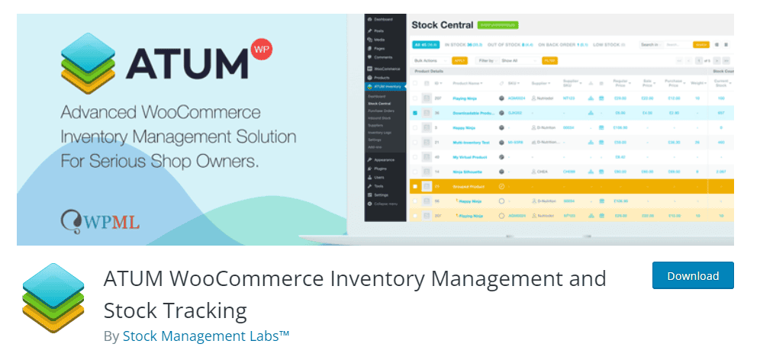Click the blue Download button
point(692,276)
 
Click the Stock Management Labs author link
point(206,336)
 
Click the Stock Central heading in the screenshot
point(443,25)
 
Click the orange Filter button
point(549,59)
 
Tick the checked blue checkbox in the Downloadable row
point(415,113)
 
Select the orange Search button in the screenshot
point(700,45)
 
